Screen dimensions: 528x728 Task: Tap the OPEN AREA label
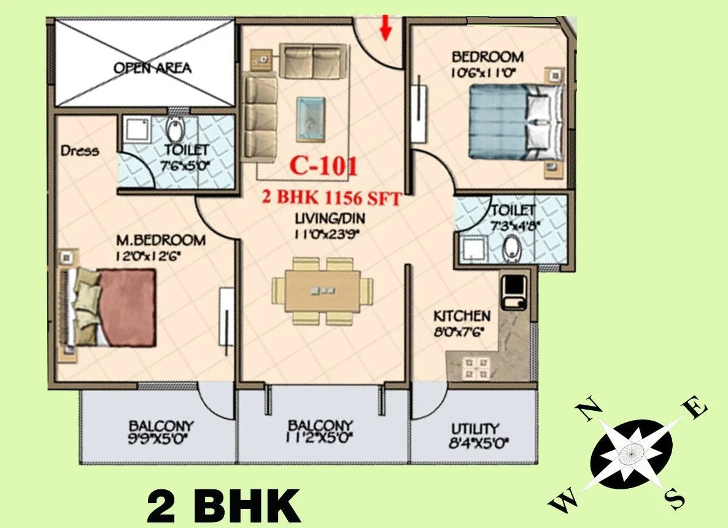click(152, 67)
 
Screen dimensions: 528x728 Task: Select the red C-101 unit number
click(323, 166)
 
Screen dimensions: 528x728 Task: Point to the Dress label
click(80, 150)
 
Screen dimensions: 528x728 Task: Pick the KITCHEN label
click(462, 316)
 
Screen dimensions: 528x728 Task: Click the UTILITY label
click(474, 429)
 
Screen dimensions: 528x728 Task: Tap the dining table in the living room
click(323, 291)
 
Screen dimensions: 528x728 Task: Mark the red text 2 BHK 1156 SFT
click(332, 199)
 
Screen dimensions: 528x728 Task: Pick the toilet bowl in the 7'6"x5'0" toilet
click(176, 130)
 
